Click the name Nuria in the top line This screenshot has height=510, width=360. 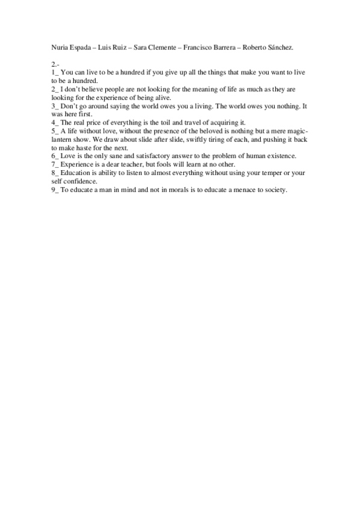61,46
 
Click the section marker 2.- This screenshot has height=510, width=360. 55,63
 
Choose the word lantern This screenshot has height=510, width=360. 63,139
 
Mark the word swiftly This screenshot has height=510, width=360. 190,139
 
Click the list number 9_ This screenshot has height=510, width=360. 55,189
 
